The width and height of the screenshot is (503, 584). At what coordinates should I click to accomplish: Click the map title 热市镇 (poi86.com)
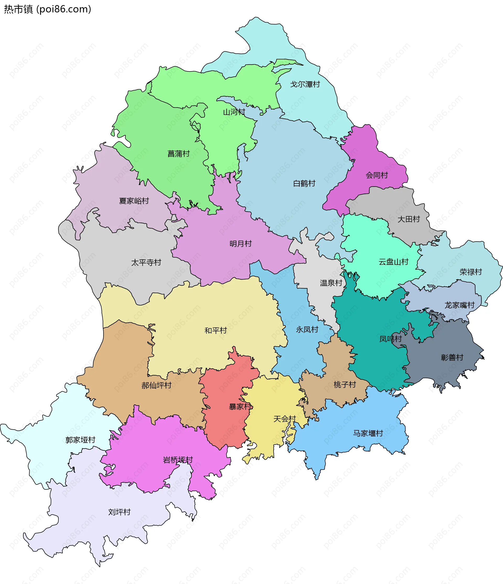47,9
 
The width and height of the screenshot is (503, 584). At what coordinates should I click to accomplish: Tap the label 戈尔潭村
305,84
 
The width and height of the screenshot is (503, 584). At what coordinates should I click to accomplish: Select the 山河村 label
234,112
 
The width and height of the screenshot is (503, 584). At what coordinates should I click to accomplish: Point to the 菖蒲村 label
179,154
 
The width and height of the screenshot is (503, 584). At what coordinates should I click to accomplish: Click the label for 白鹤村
304,183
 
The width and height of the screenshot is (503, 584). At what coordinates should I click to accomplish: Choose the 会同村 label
377,175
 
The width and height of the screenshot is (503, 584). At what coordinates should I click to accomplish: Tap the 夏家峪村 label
134,201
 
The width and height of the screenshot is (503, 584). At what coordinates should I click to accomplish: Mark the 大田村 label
408,219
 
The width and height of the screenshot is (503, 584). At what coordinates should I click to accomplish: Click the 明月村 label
240,244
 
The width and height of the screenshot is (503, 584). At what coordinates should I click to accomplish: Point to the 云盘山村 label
393,262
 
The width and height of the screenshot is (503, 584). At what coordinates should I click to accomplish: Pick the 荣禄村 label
471,272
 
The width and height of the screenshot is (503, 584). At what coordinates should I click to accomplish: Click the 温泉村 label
331,283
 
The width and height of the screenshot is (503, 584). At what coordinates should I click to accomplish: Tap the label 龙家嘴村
460,305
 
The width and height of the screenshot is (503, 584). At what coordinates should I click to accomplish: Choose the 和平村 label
216,331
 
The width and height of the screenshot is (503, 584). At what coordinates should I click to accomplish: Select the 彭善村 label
452,358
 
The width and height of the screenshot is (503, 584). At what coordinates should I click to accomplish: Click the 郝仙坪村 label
156,386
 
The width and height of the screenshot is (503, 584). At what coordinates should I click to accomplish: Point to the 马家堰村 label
368,433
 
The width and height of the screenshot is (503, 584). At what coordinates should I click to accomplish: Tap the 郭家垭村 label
80,440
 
